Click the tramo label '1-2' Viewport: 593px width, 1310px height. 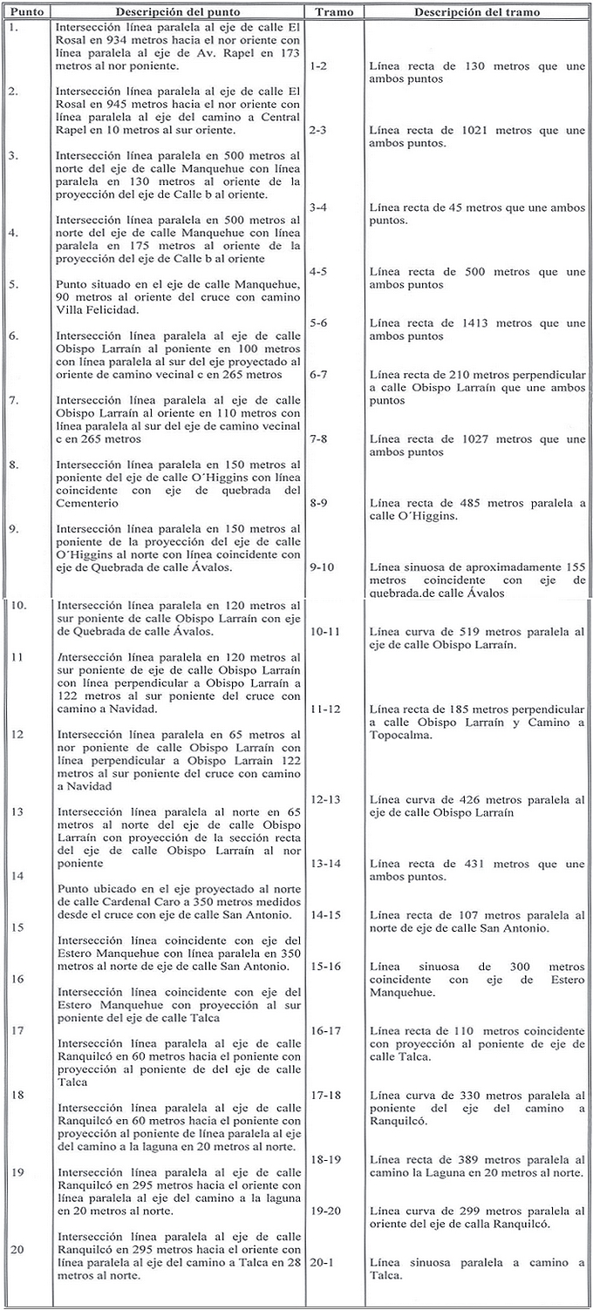point(318,66)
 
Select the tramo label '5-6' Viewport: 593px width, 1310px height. point(318,323)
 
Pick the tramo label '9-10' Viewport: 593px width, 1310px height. point(321,567)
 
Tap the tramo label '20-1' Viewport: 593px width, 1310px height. point(321,1263)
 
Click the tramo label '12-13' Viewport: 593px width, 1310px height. point(324,799)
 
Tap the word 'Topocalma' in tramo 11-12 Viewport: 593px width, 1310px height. point(399,735)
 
